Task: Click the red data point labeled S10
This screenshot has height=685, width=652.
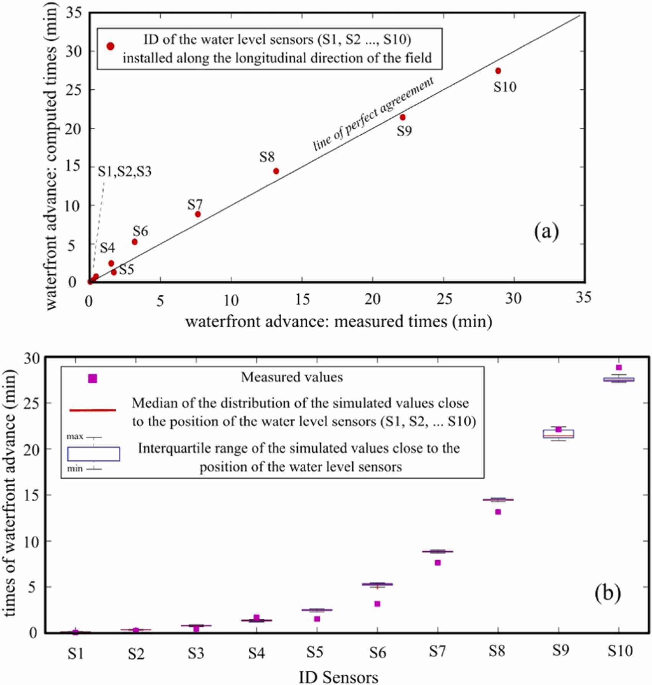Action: pos(498,71)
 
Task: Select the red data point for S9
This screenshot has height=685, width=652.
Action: pos(403,117)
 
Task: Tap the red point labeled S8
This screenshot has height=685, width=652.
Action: pos(276,171)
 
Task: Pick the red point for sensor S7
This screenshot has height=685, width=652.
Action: pos(198,214)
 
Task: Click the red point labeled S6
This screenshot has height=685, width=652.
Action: pos(135,242)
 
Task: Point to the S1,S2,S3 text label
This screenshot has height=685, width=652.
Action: pos(124,171)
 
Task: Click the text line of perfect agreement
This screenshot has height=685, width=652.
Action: pos(373,114)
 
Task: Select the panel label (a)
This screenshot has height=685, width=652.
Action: pos(546,232)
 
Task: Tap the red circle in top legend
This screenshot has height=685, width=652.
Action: pos(111,46)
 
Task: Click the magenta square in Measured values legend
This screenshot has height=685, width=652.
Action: pos(93,378)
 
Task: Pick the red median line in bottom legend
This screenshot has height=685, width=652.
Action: pos(93,410)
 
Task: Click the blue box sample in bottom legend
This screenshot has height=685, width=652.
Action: pos(94,454)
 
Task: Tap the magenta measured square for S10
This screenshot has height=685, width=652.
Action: pos(619,367)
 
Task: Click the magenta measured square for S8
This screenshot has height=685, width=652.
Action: pos(498,512)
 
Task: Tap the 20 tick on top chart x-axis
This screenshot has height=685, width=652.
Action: pos(373,300)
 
